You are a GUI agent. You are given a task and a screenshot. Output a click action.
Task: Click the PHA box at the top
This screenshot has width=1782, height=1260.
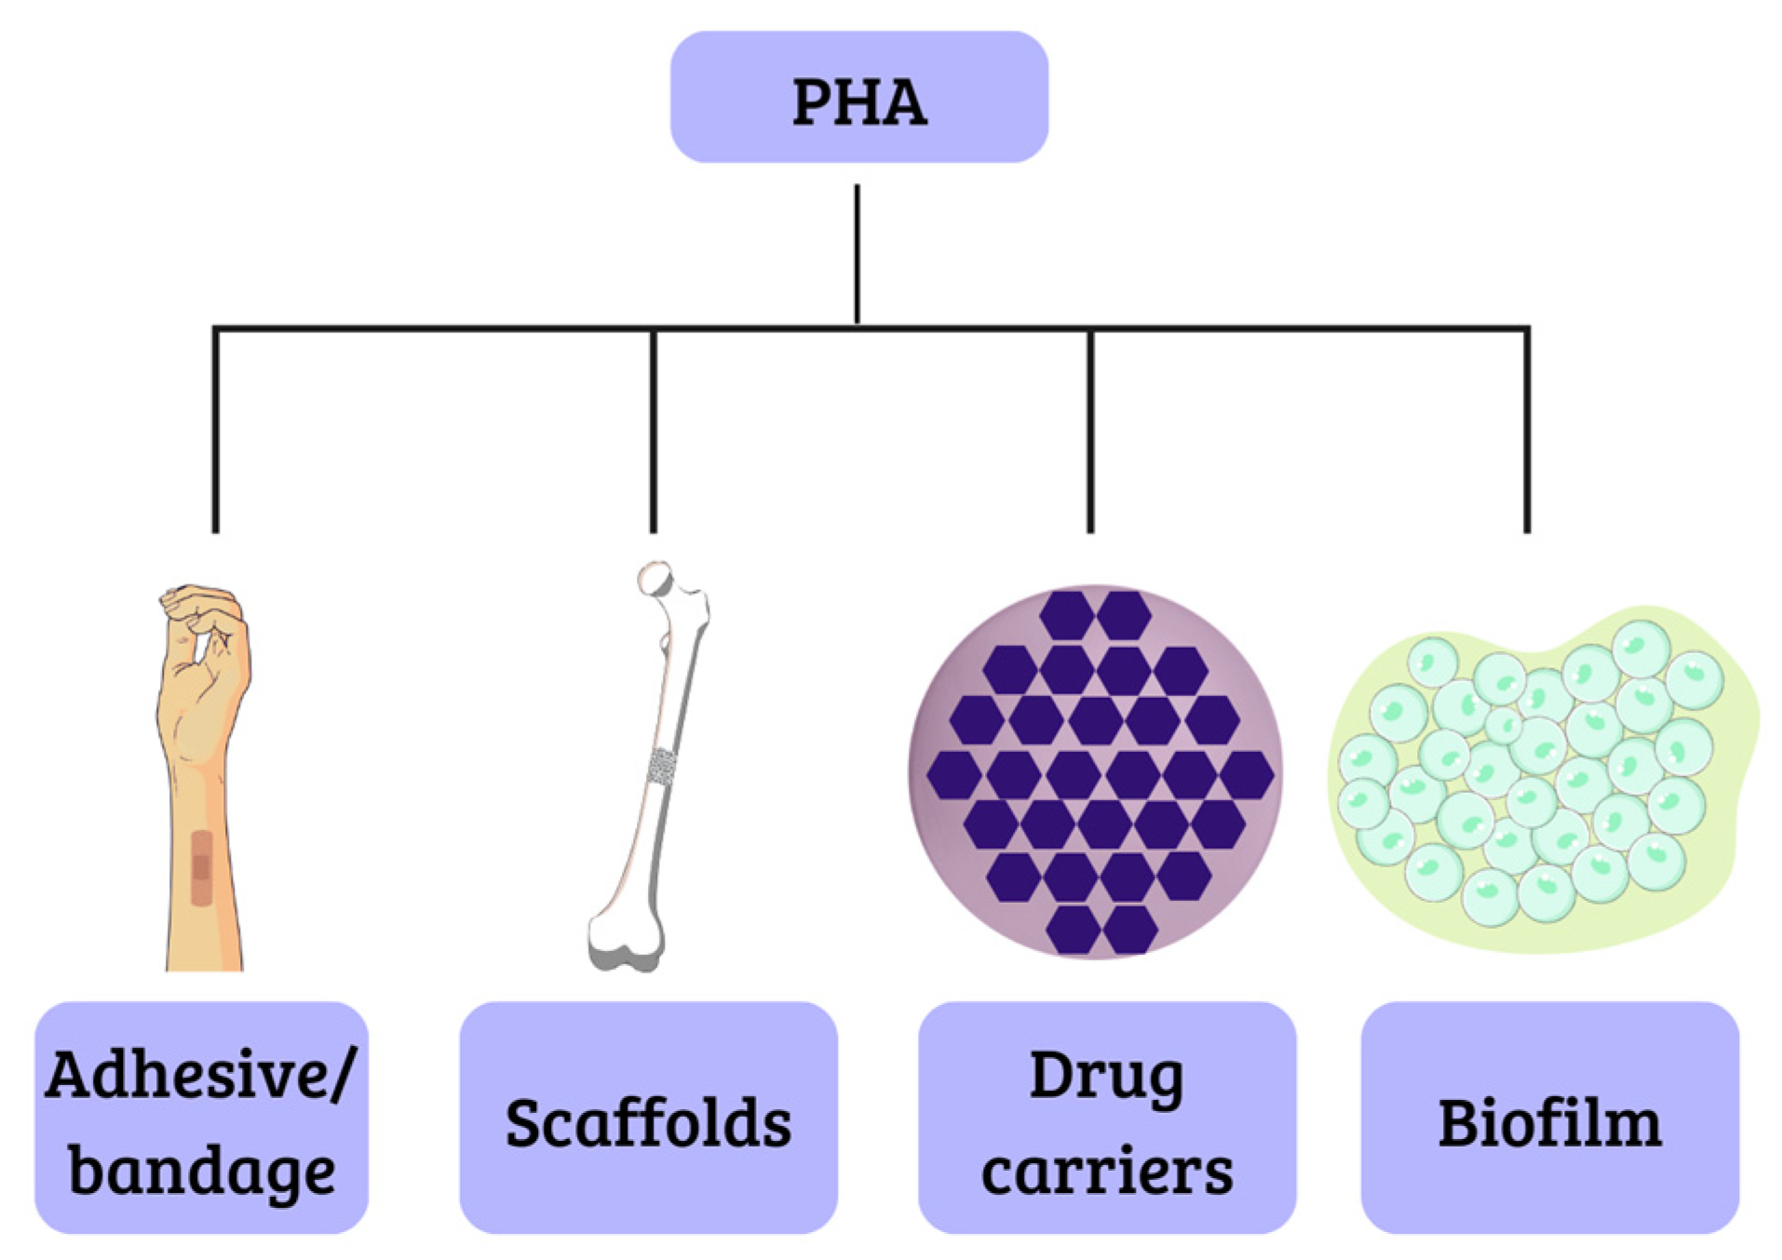point(858,98)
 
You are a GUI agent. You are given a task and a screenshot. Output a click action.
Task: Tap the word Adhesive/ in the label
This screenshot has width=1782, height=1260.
point(199,1075)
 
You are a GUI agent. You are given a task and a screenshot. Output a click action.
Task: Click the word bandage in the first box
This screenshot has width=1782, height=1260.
point(201,1170)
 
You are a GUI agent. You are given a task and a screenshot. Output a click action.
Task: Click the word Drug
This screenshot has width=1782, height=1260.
point(1106,1077)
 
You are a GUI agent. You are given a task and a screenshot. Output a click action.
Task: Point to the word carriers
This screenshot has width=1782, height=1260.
point(1106,1172)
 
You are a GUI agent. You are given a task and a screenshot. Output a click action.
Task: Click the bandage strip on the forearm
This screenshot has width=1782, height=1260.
point(201,868)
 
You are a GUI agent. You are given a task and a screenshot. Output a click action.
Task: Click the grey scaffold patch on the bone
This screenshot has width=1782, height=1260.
point(662,766)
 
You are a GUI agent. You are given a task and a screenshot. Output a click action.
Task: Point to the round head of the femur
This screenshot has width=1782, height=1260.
point(655,579)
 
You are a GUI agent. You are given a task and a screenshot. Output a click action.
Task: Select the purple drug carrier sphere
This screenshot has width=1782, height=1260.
point(1097,772)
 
